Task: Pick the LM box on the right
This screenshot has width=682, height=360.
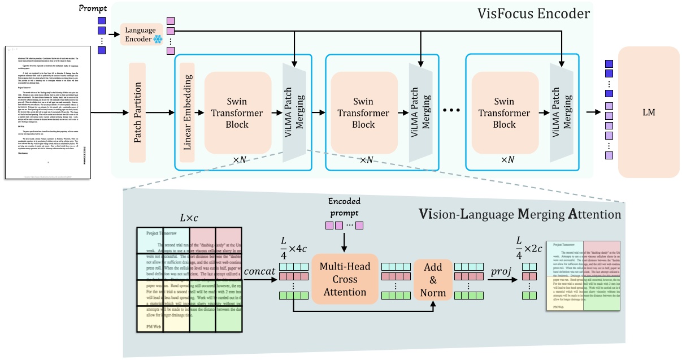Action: click(x=649, y=112)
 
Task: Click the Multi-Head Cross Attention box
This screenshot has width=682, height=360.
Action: click(x=344, y=279)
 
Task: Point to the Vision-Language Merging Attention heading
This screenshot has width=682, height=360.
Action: click(x=519, y=214)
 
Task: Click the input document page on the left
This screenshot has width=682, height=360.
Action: click(x=48, y=112)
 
